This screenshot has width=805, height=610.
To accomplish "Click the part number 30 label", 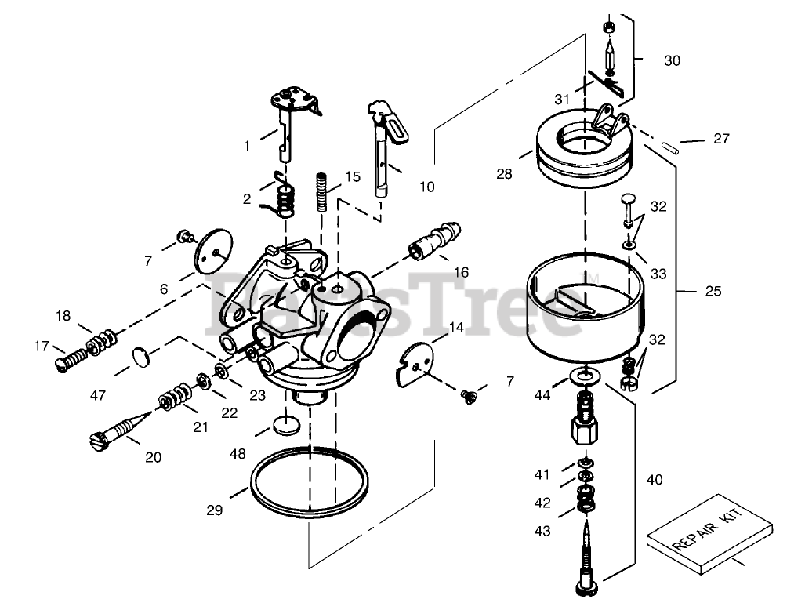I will click(673, 60).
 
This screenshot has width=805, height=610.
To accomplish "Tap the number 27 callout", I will click(721, 139).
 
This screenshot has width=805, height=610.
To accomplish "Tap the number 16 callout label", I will click(461, 272).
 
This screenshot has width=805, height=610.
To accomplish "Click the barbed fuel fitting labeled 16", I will click(436, 240).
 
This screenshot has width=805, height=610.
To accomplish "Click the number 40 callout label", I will click(654, 479).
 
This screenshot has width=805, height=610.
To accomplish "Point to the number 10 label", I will click(426, 187).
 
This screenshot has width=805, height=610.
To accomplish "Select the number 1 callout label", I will click(246, 145).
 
